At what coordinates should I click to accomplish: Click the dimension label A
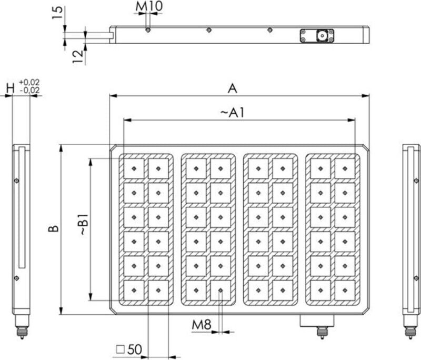coord(232,89)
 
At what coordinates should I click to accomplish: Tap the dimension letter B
coord(53,229)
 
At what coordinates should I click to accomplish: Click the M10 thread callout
coord(150,7)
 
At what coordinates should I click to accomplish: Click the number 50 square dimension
coord(135,349)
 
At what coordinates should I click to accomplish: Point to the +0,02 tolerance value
coord(29,83)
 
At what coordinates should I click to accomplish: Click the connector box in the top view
coord(317,36)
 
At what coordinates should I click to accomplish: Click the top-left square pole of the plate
coord(134,168)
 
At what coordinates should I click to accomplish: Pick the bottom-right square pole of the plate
coord(345,290)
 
